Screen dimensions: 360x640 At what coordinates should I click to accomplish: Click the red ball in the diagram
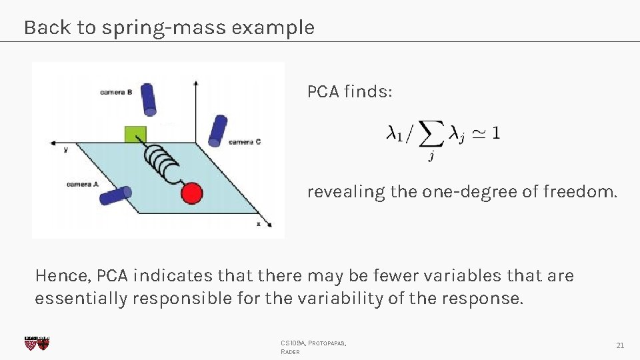pyautogui.click(x=191, y=193)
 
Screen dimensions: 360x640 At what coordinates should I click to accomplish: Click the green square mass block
pyautogui.click(x=135, y=133)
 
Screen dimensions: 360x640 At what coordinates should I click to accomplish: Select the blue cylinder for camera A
pyautogui.click(x=115, y=195)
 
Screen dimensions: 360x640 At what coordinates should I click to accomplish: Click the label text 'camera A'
pyautogui.click(x=83, y=184)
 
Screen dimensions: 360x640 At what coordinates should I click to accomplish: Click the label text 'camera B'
pyautogui.click(x=115, y=92)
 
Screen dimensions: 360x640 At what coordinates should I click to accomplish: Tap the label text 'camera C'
pyautogui.click(x=245, y=141)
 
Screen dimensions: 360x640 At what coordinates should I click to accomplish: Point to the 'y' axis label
pyautogui.click(x=65, y=150)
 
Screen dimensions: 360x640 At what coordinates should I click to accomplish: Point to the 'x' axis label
pyautogui.click(x=259, y=224)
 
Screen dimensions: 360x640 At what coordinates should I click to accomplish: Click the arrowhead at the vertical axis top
pyautogui.click(x=195, y=83)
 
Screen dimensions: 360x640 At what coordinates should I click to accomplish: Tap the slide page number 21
pyautogui.click(x=620, y=345)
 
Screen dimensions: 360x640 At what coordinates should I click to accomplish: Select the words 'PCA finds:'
pyautogui.click(x=349, y=91)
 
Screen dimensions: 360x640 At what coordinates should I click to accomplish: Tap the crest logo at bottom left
pyautogui.click(x=36, y=343)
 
